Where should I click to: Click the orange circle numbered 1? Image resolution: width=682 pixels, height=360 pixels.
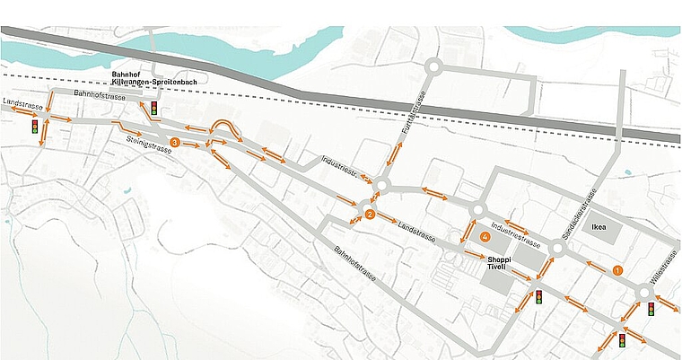pos(616,269)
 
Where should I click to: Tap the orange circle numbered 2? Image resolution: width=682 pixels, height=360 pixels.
pos(370,214)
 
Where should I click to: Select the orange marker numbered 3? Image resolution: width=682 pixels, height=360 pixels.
pos(175,142)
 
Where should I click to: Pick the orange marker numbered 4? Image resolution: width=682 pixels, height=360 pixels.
pos(485,237)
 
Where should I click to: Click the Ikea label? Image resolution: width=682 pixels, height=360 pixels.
pos(598,227)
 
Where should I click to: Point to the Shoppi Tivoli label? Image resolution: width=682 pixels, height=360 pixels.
pos(499,263)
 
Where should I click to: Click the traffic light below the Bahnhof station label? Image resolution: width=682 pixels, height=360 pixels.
pos(154,110)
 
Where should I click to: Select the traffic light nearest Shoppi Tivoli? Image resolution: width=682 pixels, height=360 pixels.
pos(539,295)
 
